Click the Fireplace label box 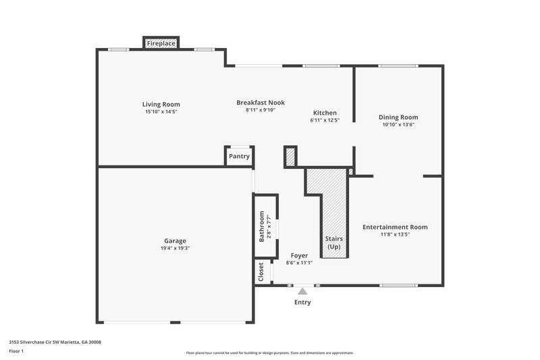point(161,43)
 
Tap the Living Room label point(161,104)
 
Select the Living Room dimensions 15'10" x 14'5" point(161,111)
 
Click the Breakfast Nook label point(260,103)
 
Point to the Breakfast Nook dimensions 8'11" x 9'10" point(260,110)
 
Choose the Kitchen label point(325,113)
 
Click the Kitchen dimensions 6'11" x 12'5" point(325,120)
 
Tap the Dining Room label point(398,117)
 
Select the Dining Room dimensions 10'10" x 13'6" point(398,124)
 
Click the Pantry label point(239,156)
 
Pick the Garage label point(175,240)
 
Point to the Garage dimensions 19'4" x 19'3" point(175,248)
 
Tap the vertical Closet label point(261,272)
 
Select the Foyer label point(299,255)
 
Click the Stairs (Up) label point(334,243)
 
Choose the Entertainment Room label point(395,227)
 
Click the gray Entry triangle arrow point(302,291)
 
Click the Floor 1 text point(16,351)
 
